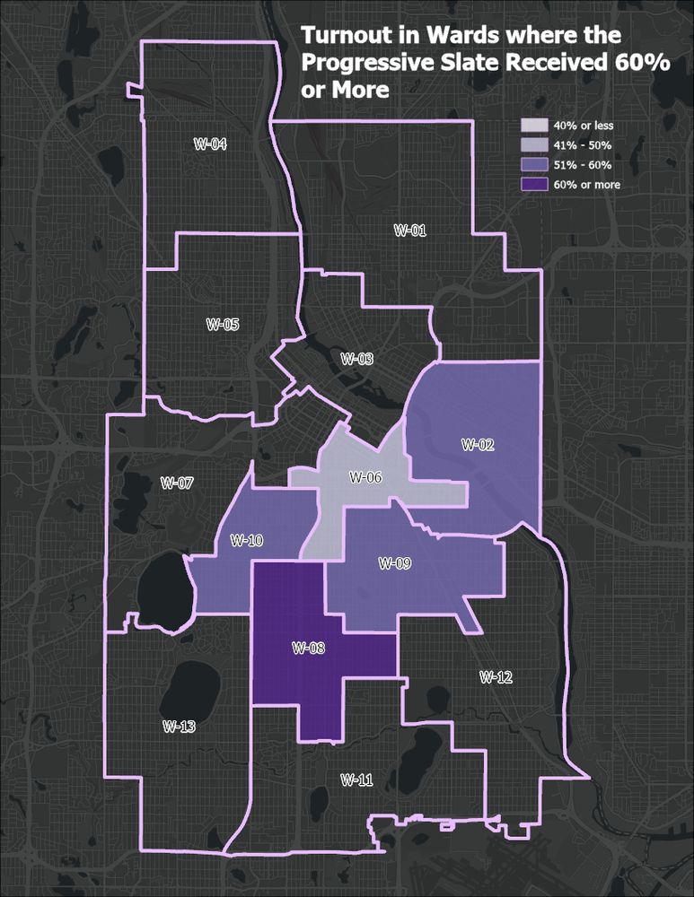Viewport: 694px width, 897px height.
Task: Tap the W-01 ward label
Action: click(x=410, y=230)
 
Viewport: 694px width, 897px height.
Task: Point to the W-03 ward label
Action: click(x=356, y=359)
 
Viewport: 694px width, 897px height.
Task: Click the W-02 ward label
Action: click(x=478, y=443)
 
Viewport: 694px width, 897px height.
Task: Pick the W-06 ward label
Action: click(x=366, y=477)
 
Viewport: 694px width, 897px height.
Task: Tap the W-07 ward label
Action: click(x=177, y=483)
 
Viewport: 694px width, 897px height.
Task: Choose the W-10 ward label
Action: click(x=246, y=540)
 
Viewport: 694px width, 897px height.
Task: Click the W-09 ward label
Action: click(x=394, y=563)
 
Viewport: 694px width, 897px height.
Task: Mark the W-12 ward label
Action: click(x=496, y=676)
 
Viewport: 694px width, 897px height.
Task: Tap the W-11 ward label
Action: click(x=356, y=779)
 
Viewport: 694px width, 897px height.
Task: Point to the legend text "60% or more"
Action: click(x=587, y=185)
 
